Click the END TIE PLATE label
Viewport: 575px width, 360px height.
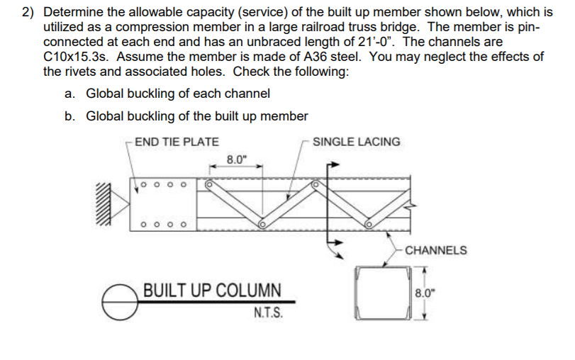(x=177, y=142)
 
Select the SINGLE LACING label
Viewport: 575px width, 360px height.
(x=356, y=142)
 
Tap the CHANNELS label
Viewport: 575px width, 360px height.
(x=436, y=250)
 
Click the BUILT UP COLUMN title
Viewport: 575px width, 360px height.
(x=212, y=291)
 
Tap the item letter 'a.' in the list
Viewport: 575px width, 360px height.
(x=69, y=94)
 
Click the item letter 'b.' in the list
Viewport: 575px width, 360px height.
(x=69, y=116)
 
